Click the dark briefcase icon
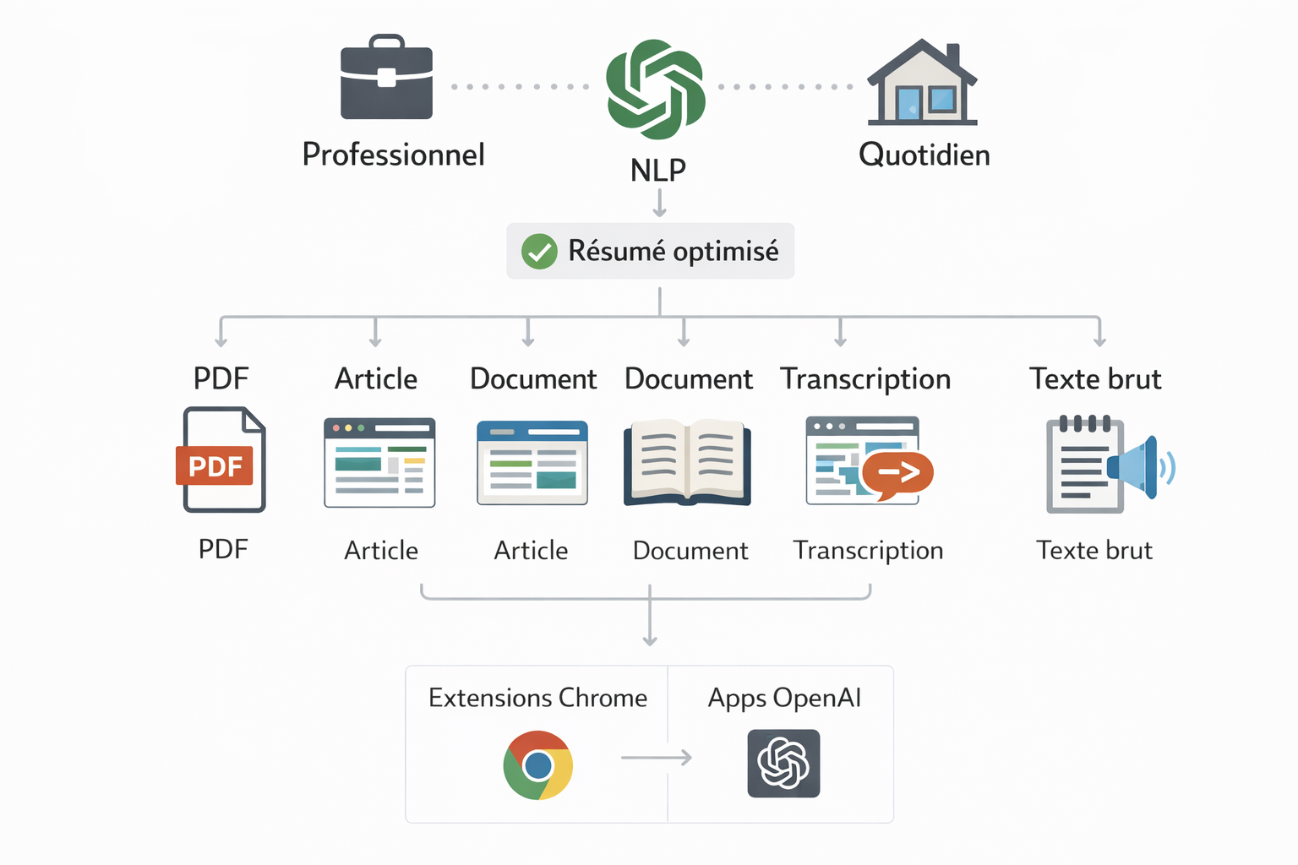tap(386, 78)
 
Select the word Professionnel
tap(393, 155)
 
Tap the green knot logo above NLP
tap(656, 89)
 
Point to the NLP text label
tap(657, 171)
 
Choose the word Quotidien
tap(924, 155)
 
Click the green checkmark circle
tap(538, 252)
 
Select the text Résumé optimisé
tap(673, 251)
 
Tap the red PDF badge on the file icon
tap(215, 465)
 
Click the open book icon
tap(687, 462)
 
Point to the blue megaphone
tap(1137, 466)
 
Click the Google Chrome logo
tap(537, 765)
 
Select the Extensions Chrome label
tap(537, 698)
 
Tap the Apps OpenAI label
tap(784, 698)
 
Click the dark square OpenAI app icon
tap(783, 764)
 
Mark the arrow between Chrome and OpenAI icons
tap(656, 758)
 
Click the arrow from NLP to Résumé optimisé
tap(659, 203)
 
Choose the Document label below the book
tap(690, 551)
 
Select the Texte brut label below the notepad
tap(1093, 550)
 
